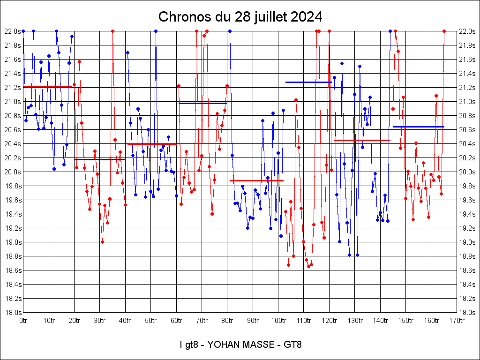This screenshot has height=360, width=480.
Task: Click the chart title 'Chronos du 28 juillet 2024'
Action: coord(240,17)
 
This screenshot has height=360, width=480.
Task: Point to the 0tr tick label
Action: coord(23,321)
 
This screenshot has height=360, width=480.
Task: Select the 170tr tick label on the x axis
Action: coord(457,321)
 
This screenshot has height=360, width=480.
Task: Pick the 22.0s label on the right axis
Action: coord(467,31)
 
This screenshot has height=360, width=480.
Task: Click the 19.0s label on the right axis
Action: coord(467,242)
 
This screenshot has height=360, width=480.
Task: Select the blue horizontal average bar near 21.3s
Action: coord(308,82)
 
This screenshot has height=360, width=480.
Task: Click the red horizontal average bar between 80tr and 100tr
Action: coord(256,180)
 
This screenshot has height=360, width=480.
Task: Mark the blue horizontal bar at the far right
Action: coord(418,127)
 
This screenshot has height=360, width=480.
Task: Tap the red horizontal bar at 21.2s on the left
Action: coord(47,87)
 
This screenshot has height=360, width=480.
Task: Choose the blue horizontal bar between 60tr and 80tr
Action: coord(202,103)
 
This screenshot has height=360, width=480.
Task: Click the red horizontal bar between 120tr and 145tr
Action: coord(362,140)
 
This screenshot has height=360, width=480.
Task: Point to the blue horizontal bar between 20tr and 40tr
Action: coord(99,159)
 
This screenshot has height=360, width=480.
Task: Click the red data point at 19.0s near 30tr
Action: coord(102,242)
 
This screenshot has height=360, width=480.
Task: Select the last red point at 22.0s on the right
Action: coord(444,31)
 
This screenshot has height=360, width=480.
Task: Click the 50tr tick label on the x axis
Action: coord(150,321)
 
